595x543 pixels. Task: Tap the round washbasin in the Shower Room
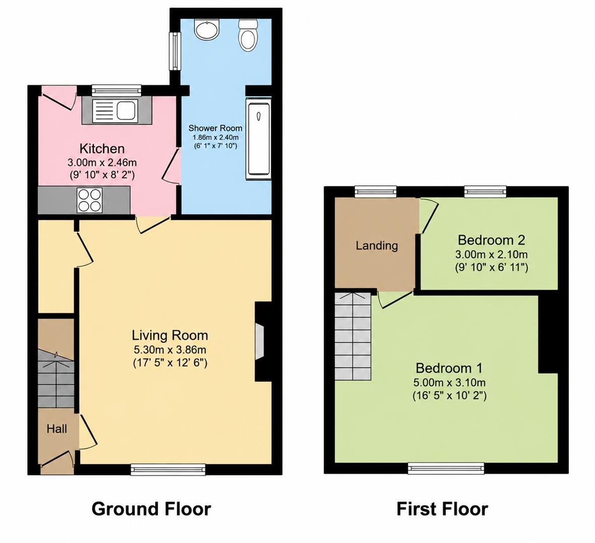pyautogui.click(x=206, y=29)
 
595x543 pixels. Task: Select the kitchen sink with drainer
pyautogui.click(x=117, y=110)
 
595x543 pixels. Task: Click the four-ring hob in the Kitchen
pyautogui.click(x=90, y=200)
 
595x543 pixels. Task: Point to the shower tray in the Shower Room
pyautogui.click(x=259, y=139)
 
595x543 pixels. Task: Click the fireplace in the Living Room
pyautogui.click(x=260, y=341)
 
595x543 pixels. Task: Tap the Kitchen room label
pyautogui.click(x=102, y=148)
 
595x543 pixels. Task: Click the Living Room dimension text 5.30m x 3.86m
pyautogui.click(x=170, y=349)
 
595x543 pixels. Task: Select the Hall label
pyautogui.click(x=57, y=428)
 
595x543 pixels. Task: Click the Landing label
pyautogui.click(x=377, y=245)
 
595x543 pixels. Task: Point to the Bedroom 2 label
pyautogui.click(x=491, y=240)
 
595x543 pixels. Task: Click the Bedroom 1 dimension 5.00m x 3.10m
pyautogui.click(x=450, y=383)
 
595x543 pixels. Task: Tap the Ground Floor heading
pyautogui.click(x=151, y=508)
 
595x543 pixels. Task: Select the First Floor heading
pyautogui.click(x=442, y=508)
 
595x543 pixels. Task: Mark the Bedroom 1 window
pyautogui.click(x=446, y=469)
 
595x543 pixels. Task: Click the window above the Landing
pyautogui.click(x=376, y=192)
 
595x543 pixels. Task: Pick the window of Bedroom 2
pyautogui.click(x=486, y=192)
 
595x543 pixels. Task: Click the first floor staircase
pyautogui.click(x=352, y=336)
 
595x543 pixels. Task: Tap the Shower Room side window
pyautogui.click(x=175, y=51)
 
